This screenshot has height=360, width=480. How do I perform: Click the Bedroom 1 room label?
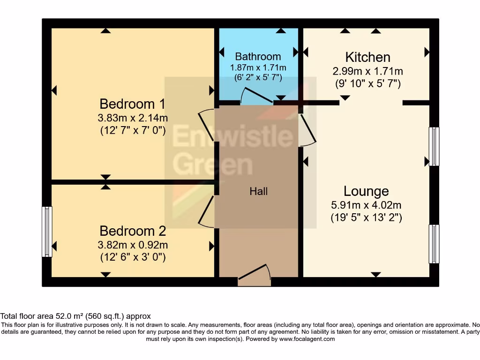(132, 104)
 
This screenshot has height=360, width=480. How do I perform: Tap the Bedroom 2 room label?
(133, 231)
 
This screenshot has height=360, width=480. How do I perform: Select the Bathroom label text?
(258, 57)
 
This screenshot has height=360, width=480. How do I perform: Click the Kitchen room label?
(367, 57)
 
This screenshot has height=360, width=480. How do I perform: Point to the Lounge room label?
(366, 191)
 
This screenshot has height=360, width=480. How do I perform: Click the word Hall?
(258, 191)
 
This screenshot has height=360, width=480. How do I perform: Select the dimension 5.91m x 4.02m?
(366, 205)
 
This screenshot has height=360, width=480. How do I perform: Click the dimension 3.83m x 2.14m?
(133, 118)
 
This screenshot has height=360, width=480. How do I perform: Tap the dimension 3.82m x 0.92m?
(133, 245)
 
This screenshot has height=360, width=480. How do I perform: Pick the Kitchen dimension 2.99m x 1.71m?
(367, 71)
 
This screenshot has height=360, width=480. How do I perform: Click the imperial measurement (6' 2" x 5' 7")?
(258, 78)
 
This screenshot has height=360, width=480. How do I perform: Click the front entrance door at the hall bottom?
(254, 276)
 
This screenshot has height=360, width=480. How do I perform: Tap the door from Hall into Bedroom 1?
(207, 126)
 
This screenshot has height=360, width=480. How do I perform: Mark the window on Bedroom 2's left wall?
(47, 232)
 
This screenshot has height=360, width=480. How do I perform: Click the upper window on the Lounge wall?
(435, 146)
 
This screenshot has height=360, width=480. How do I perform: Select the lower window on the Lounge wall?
(435, 244)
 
